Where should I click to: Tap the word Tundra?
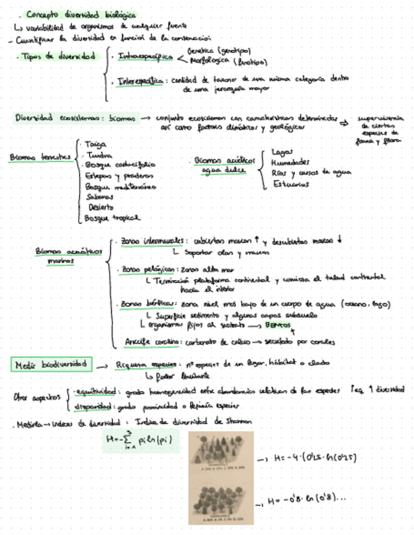95,155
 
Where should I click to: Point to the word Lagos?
281,152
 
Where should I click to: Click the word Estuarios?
291,184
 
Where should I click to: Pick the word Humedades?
290,162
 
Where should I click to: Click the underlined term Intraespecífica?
146,57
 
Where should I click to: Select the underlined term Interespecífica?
142,81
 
